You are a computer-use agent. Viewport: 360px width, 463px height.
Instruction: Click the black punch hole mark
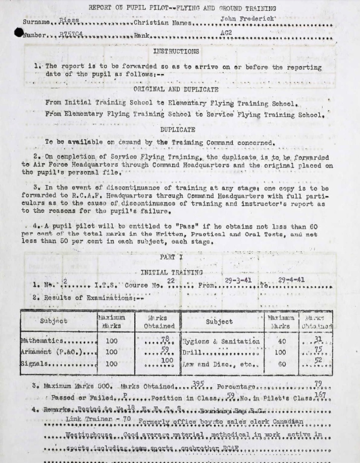tap(19, 33)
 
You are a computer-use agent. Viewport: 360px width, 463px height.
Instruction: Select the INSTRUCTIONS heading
tap(176, 51)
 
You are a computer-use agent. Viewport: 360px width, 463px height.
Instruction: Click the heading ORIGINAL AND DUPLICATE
tap(176, 89)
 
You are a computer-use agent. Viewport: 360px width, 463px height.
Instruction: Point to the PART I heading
tap(171, 257)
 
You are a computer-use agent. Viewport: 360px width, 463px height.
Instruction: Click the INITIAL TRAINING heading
tap(171, 272)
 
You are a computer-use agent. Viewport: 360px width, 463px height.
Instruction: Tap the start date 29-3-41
tap(238, 281)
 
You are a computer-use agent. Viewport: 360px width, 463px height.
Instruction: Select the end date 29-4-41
tap(291, 280)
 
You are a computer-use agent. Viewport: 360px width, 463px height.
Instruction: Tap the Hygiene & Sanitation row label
tap(221, 342)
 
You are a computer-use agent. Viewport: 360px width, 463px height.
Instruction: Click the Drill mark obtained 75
tap(318, 349)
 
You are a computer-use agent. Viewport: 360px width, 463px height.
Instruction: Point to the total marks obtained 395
tap(198, 385)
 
